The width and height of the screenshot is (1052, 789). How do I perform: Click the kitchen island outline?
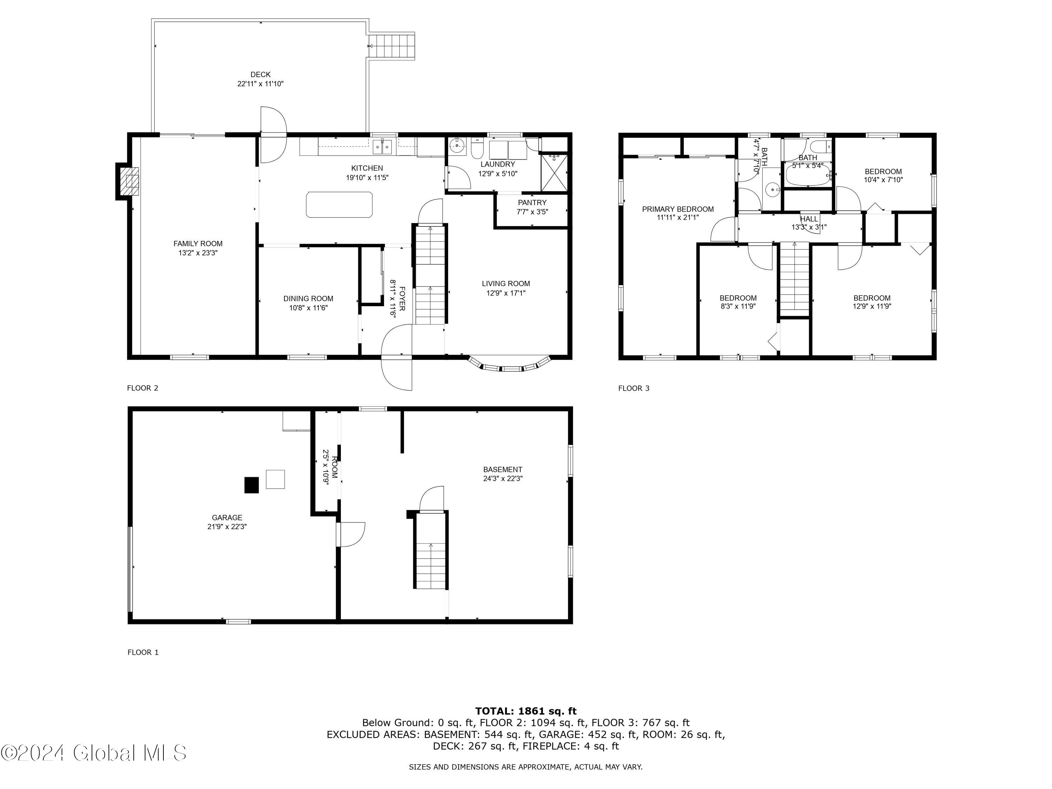click(339, 204)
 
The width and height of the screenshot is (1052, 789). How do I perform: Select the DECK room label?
click(260, 75)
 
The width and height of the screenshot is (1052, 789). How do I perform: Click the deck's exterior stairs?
click(393, 46)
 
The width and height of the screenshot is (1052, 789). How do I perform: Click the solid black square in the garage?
click(251, 485)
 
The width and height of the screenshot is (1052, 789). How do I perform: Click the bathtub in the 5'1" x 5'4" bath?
click(808, 176)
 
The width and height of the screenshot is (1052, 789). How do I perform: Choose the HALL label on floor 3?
click(809, 219)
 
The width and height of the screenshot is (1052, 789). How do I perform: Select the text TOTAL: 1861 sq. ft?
click(526, 711)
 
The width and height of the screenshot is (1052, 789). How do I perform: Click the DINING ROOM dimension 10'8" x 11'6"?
click(308, 308)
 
